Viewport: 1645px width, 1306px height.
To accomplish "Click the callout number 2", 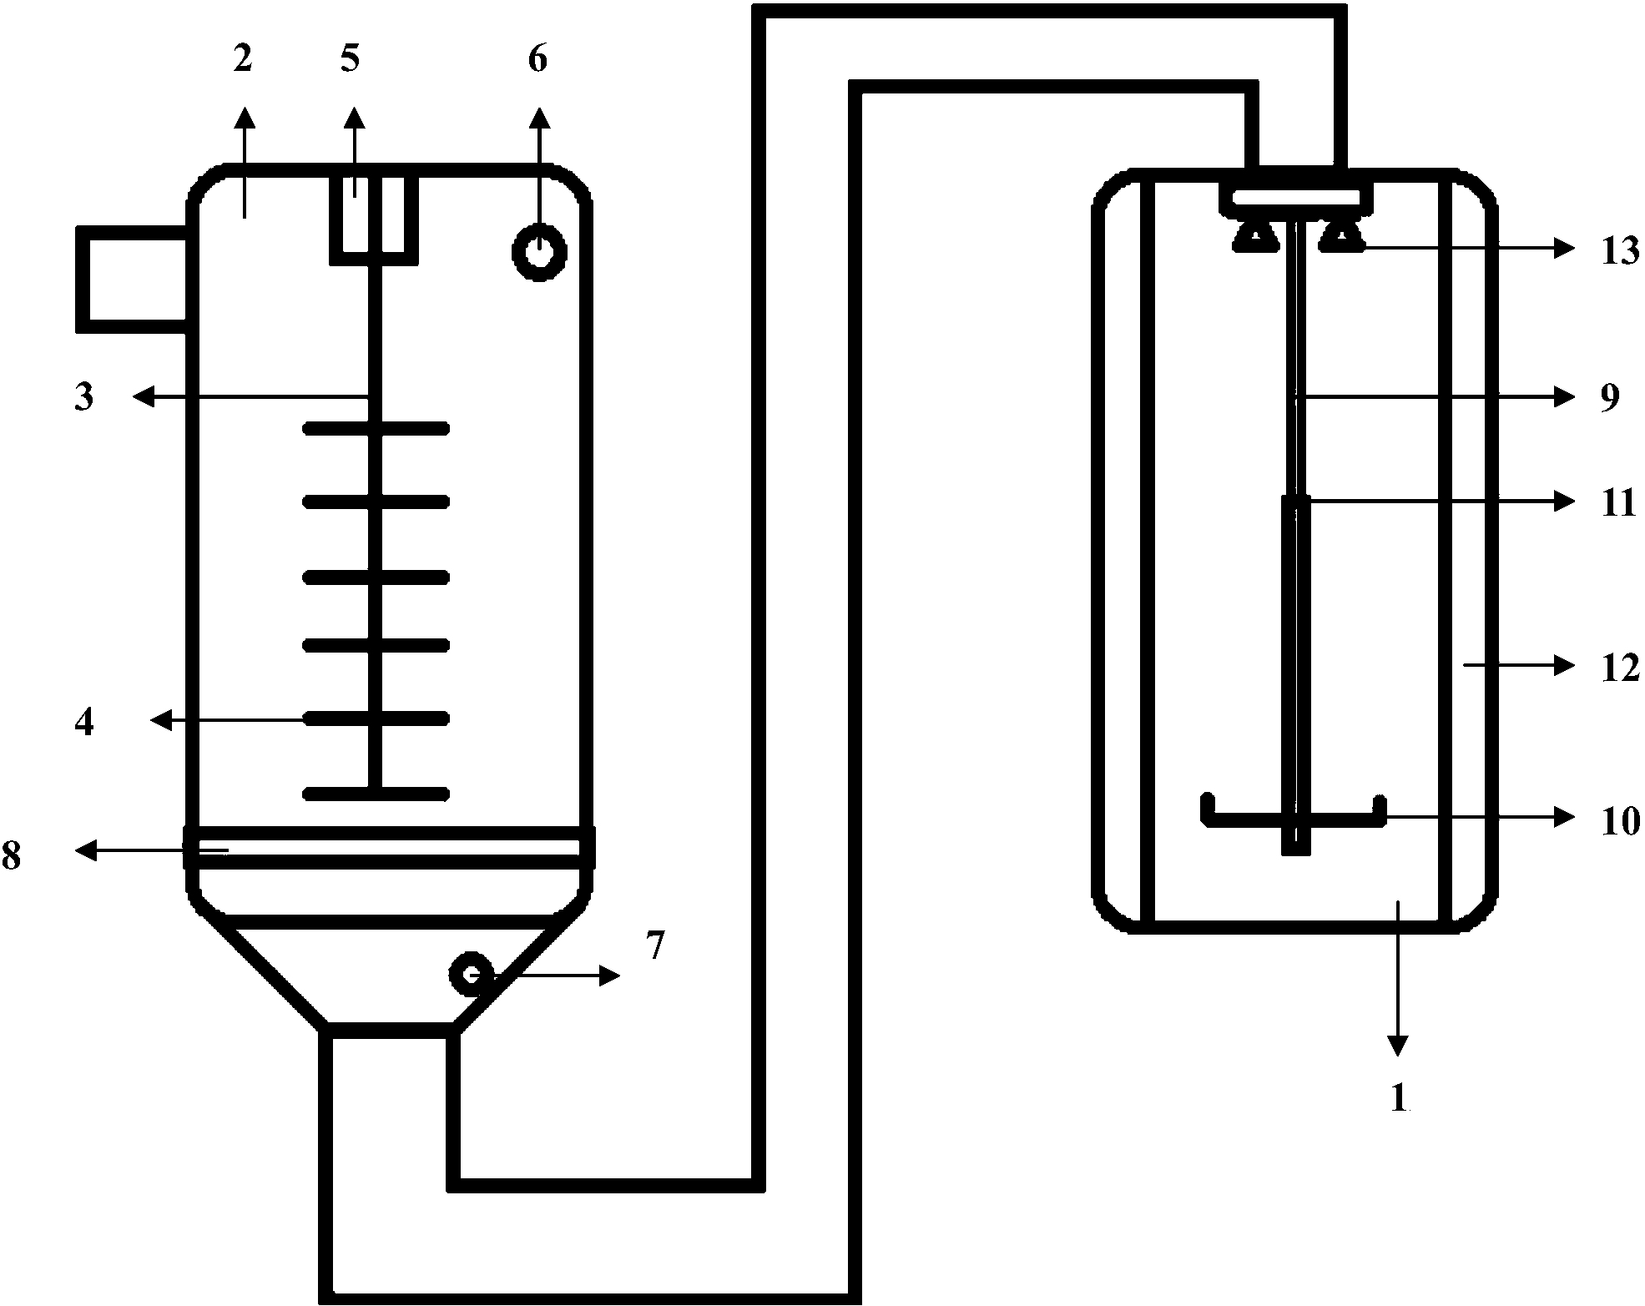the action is coord(242,60).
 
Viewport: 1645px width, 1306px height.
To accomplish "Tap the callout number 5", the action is coord(350,60).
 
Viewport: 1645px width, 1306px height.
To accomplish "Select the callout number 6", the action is coord(538,60).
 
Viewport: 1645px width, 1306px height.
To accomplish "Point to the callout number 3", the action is coord(83,397).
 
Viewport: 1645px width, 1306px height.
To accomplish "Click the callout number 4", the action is coord(84,722).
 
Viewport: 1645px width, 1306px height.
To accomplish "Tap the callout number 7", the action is coord(655,946).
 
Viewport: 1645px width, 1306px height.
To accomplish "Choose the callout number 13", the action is coord(1619,250).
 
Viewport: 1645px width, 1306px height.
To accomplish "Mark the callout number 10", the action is coord(1619,821).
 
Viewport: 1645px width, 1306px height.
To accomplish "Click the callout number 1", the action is coord(1400,1097).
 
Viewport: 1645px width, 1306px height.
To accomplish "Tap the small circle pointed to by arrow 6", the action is coord(539,251).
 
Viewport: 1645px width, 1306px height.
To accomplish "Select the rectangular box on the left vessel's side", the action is coord(132,280).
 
